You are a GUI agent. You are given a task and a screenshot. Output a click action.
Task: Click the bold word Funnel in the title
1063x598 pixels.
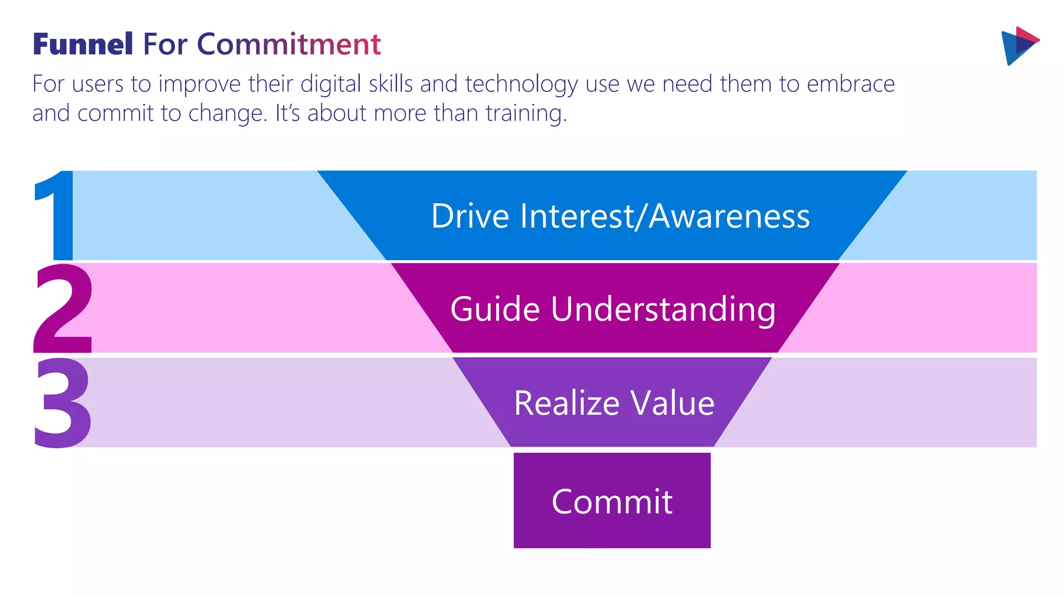tap(83, 44)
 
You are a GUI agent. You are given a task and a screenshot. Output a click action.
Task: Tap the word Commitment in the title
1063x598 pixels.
tap(289, 44)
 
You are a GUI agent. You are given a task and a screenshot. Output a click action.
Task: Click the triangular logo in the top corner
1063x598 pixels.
tap(1019, 46)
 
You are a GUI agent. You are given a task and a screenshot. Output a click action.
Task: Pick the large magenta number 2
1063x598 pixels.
tap(63, 309)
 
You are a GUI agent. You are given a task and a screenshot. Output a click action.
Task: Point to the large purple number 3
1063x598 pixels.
tap(62, 402)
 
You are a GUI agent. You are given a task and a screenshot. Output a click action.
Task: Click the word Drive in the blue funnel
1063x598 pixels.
tap(470, 216)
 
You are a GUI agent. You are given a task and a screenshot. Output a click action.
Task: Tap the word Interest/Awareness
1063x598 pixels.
tap(664, 216)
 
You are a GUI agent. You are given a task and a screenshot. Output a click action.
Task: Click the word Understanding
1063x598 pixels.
tap(663, 309)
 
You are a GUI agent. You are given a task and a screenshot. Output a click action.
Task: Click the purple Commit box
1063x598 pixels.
tap(612, 501)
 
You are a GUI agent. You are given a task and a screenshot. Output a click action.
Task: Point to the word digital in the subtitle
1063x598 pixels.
tap(331, 85)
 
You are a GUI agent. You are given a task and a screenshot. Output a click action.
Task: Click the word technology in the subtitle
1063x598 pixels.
tap(521, 85)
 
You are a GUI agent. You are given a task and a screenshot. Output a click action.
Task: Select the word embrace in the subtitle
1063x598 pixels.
tap(851, 85)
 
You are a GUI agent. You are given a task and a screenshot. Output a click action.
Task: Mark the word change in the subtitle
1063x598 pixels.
tap(227, 114)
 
